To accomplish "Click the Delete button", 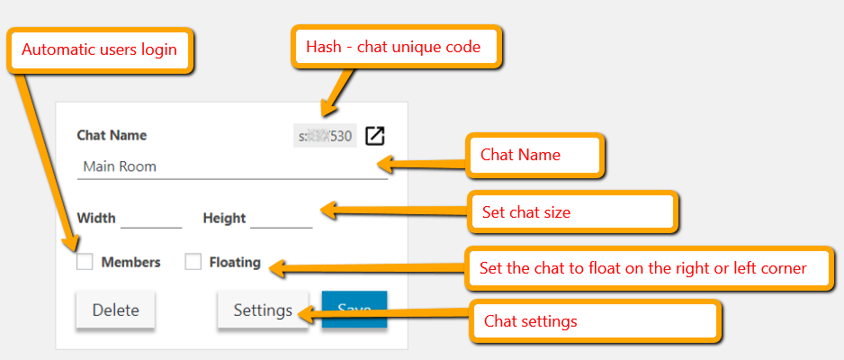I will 115,310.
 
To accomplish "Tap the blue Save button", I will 355,310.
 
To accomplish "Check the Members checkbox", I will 85,263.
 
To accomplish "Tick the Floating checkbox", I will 193,263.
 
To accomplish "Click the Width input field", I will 151,218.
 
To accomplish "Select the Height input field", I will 281,218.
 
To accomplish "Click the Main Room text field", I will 232,166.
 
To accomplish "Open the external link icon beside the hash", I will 374,136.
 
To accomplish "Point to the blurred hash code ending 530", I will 325,137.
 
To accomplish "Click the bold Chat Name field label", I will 112,136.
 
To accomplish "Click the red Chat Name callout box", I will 534,155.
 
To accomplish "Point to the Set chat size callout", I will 571,212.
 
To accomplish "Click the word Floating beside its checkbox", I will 235,263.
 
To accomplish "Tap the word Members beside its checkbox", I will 130,263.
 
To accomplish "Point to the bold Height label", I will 224,218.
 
